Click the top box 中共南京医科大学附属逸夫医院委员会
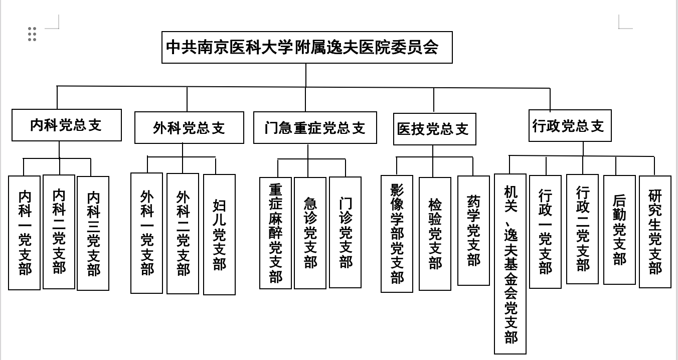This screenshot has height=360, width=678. coord(307,48)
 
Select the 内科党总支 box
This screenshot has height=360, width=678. coord(67,125)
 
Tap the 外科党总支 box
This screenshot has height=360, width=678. coord(189,128)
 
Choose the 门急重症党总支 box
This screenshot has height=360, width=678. coord(315,128)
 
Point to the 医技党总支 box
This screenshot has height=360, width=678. coord(434,129)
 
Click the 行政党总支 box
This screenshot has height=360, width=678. coord(570,125)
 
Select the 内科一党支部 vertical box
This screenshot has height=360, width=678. coord(24,233)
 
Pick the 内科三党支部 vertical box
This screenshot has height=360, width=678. coord(93,233)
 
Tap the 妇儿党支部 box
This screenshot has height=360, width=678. coord(219,234)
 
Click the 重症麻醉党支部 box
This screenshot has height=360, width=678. coord(275,233)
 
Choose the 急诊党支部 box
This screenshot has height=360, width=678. coord(310,233)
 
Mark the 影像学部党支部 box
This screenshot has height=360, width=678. coord(397,234)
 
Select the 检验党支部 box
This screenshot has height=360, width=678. coord(435,234)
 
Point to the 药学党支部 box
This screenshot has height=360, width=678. coord(473,231)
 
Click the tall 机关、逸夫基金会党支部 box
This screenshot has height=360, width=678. coord(510,264)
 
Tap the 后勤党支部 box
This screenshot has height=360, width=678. coord(619,230)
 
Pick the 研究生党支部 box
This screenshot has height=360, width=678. coord(655,232)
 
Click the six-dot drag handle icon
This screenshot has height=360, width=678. coord(32,34)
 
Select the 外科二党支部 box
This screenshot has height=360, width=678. coord(183,234)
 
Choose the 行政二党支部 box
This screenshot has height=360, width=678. coord(582,229)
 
